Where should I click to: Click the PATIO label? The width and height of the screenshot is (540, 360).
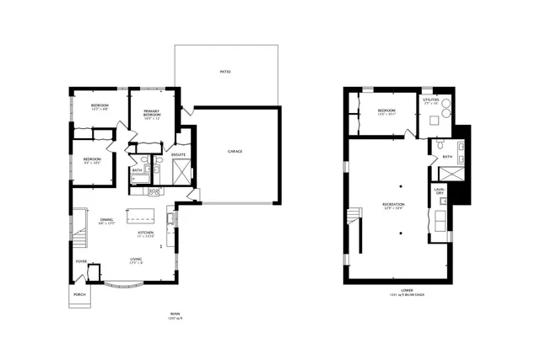click(x=225, y=72)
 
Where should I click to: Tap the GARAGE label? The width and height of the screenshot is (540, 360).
click(x=235, y=153)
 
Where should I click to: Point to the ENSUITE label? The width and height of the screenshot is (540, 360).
click(x=179, y=155)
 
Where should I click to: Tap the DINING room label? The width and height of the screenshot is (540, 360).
click(x=106, y=221)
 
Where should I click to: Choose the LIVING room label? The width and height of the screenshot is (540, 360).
click(x=135, y=259)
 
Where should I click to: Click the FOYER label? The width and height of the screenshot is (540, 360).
click(x=82, y=261)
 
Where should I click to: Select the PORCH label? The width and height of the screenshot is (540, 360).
click(x=80, y=294)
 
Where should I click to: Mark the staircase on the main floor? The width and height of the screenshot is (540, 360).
click(x=79, y=239)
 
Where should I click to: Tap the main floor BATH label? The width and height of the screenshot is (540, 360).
click(x=137, y=170)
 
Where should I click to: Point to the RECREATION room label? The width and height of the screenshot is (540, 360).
click(x=393, y=204)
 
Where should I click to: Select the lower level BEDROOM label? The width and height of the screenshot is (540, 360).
click(x=387, y=111)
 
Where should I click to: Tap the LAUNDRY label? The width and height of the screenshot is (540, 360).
click(x=439, y=191)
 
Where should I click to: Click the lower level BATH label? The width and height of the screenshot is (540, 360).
click(x=447, y=157)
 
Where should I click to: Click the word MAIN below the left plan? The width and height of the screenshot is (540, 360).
click(x=175, y=313)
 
